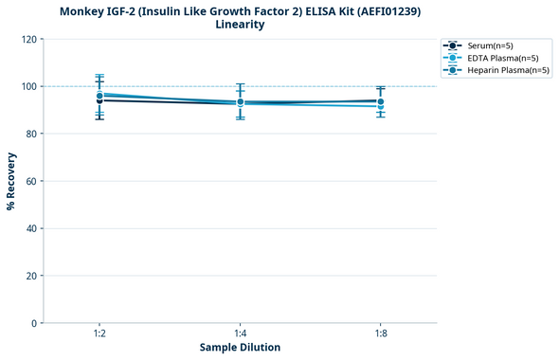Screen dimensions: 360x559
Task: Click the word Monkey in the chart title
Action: pos(83,11)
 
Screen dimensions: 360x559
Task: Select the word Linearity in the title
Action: pos(240,25)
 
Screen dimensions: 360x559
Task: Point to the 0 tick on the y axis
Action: pos(34,323)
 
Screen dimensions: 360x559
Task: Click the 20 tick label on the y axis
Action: pos(31,276)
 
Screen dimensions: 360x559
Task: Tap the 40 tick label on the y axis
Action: pos(31,228)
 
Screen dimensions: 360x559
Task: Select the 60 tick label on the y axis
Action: pos(31,181)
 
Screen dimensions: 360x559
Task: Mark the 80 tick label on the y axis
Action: pos(31,134)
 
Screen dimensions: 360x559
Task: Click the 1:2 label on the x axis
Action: pos(99,334)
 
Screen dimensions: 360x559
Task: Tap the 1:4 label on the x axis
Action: pos(240,334)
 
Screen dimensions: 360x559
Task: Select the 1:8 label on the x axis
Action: pos(380,334)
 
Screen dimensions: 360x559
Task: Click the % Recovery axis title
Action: pos(11,181)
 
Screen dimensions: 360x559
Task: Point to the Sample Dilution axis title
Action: pos(240,348)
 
